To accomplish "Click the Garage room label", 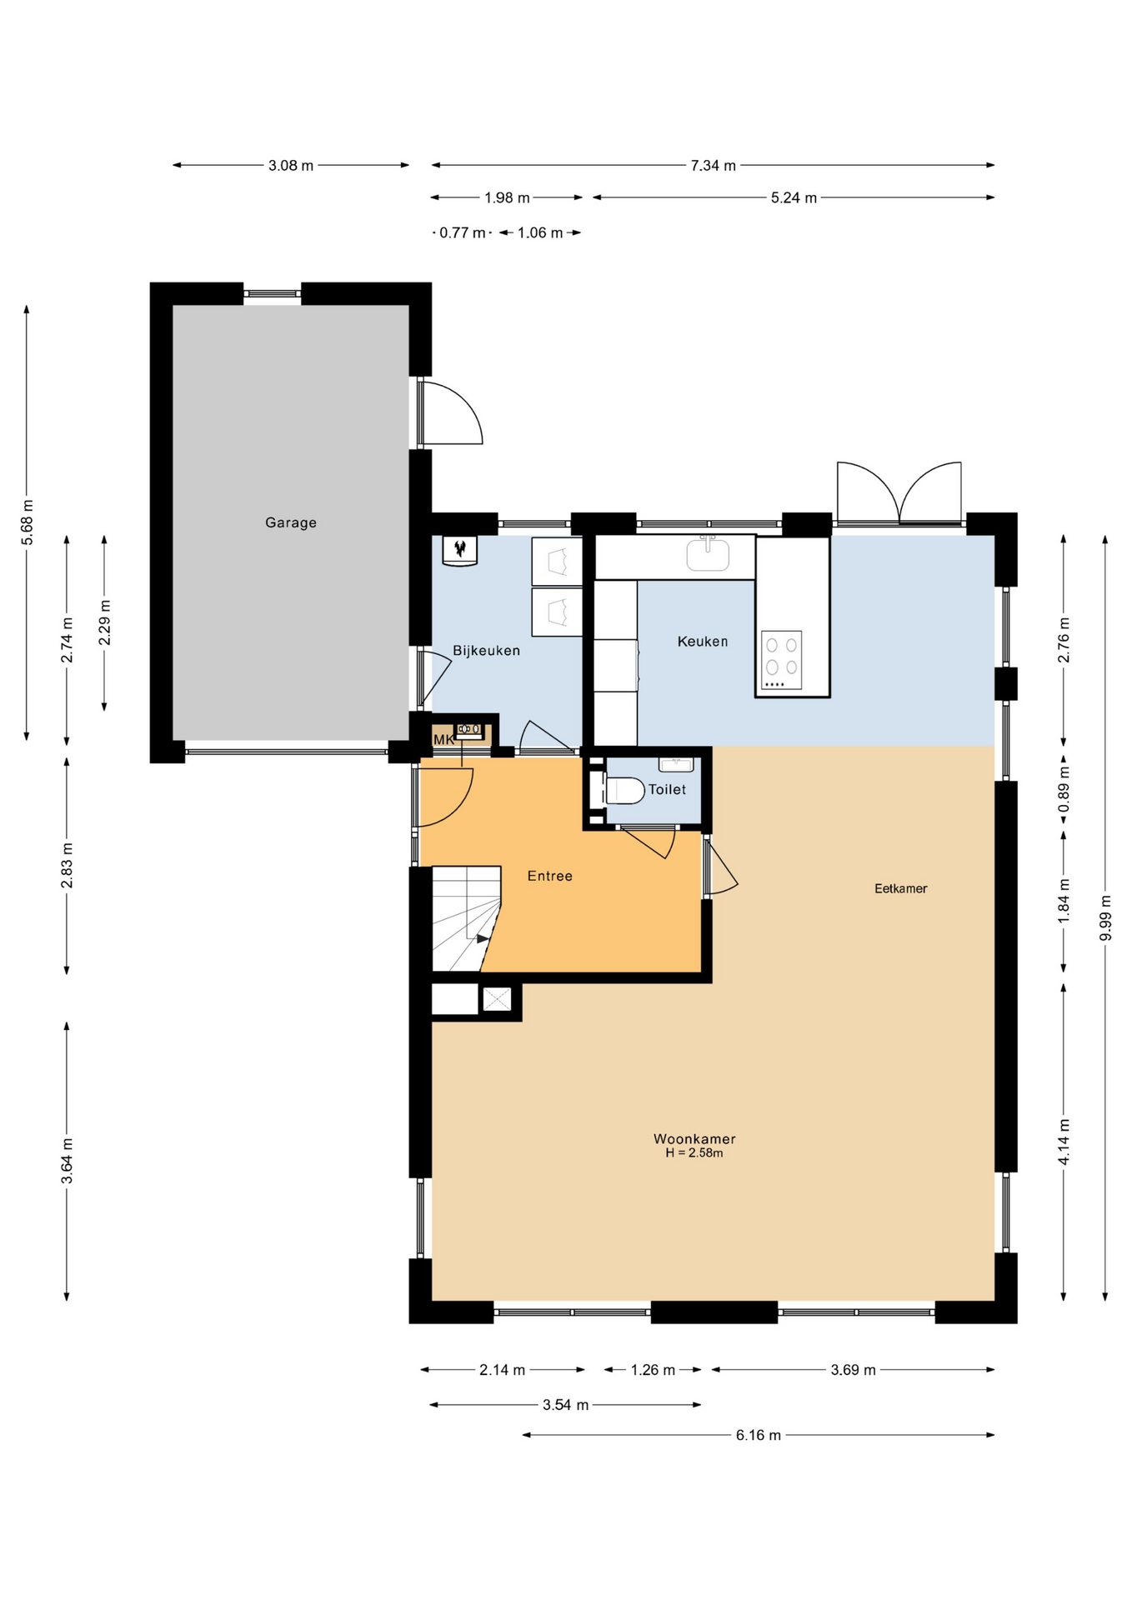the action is (290, 522).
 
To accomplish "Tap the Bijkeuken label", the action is (486, 651).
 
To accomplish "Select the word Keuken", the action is (702, 642).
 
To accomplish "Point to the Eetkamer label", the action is (900, 888).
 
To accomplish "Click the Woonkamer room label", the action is (694, 1138).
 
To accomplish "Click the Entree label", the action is (549, 876).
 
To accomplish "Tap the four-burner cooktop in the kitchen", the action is (781, 659).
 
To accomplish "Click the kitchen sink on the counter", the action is (708, 554).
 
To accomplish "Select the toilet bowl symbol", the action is (624, 790).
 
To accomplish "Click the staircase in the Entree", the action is (466, 918).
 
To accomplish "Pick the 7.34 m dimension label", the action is (713, 165).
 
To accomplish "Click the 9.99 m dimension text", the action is (1105, 917).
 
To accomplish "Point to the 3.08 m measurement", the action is (291, 165).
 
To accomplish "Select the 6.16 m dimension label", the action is (758, 1435).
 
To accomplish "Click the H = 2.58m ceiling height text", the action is (694, 1153).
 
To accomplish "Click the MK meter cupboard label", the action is (443, 740).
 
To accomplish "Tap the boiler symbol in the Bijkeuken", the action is (459, 550).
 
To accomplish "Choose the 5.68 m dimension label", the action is (27, 522).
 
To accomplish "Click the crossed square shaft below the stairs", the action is (497, 998).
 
